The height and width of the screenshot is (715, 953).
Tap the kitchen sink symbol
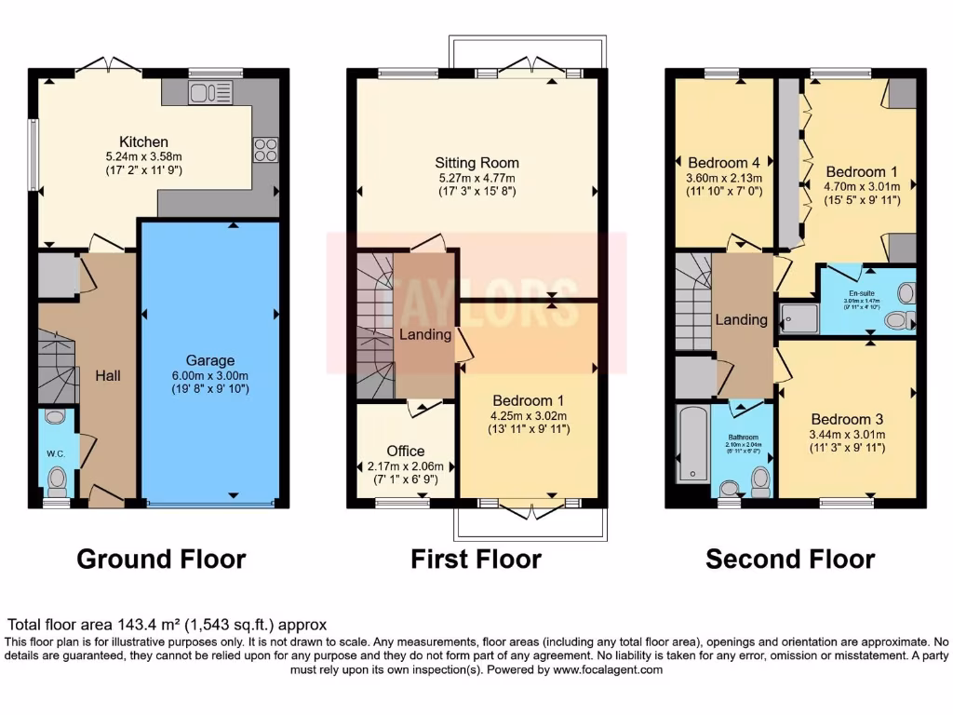pos(209,92)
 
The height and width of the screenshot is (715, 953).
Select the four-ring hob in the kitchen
pos(264,149)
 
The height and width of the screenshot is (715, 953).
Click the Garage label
pos(209,360)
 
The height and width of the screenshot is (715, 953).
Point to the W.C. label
pos(56,454)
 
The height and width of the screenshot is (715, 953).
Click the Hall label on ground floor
pos(109,375)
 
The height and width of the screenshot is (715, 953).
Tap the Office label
pos(406,451)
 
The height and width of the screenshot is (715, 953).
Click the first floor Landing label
pos(425,334)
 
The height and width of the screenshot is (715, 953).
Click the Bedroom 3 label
pos(847,419)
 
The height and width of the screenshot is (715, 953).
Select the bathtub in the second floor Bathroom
pos(690,442)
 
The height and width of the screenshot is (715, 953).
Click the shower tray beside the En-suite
pos(799,317)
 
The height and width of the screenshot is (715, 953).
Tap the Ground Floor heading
pos(161,560)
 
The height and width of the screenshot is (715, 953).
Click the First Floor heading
pos(476,560)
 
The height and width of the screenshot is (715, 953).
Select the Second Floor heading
pos(790,560)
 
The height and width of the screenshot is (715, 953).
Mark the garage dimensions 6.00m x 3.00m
pos(209,376)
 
